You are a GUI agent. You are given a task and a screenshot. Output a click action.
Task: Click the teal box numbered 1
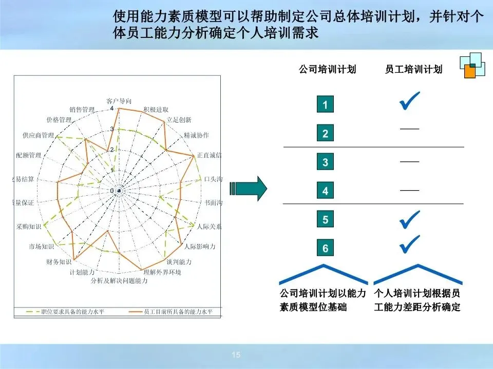tap(325, 105)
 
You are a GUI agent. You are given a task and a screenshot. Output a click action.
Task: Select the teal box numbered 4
tap(325, 191)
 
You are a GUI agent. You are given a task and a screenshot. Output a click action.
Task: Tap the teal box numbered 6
tap(325, 249)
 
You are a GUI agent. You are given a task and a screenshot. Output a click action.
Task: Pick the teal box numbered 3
tap(325, 162)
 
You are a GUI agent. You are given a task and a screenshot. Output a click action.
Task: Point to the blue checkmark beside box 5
tap(409, 219)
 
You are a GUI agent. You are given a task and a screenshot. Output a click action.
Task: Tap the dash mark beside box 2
tap(409, 128)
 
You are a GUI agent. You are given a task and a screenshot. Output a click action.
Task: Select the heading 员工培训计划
tap(413, 69)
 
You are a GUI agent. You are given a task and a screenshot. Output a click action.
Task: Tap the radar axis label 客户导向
tap(119, 100)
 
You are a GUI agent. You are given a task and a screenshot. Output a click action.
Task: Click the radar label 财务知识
tap(58, 262)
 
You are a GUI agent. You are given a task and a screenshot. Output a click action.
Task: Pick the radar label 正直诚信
tap(209, 155)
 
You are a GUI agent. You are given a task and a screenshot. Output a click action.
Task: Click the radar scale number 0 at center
tap(112, 191)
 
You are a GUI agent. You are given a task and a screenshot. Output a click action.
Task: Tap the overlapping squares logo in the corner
tap(472, 65)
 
